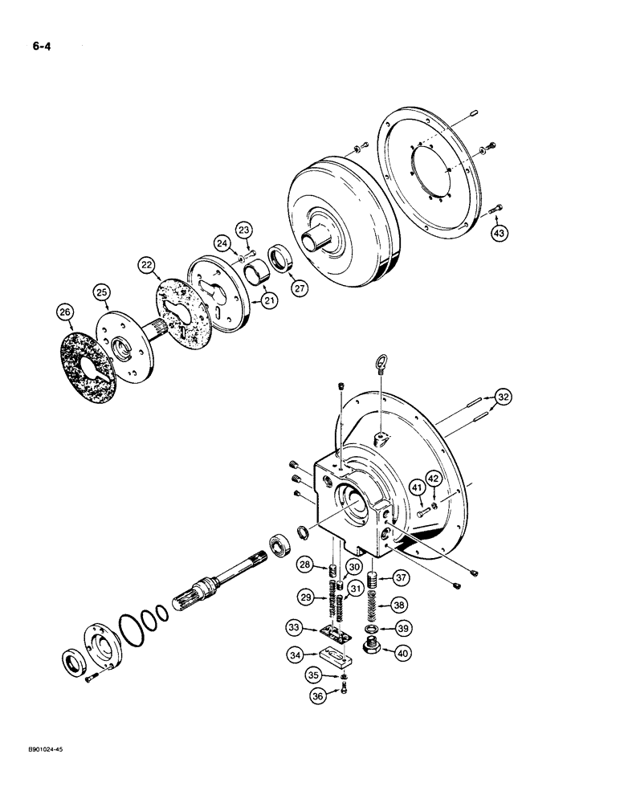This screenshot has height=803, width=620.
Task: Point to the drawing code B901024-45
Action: (37, 769)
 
